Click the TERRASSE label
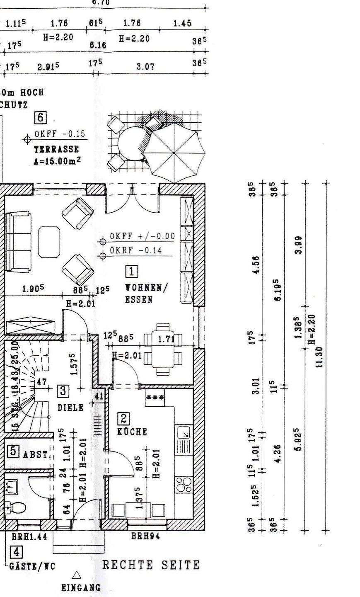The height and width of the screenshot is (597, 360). coord(56,149)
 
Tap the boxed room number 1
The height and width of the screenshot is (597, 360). coord(132,272)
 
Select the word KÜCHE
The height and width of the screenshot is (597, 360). coord(132,432)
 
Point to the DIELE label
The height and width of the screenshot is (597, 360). coord(70,408)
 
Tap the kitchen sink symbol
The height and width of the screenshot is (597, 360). coord(184,433)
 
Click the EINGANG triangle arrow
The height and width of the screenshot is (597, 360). coord(76,575)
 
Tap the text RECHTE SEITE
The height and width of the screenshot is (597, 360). coord(151,565)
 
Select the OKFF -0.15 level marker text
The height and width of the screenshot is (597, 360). coord(59,134)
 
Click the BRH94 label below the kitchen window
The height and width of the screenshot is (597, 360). coord(145,536)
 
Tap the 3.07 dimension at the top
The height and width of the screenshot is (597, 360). coord(145,67)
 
